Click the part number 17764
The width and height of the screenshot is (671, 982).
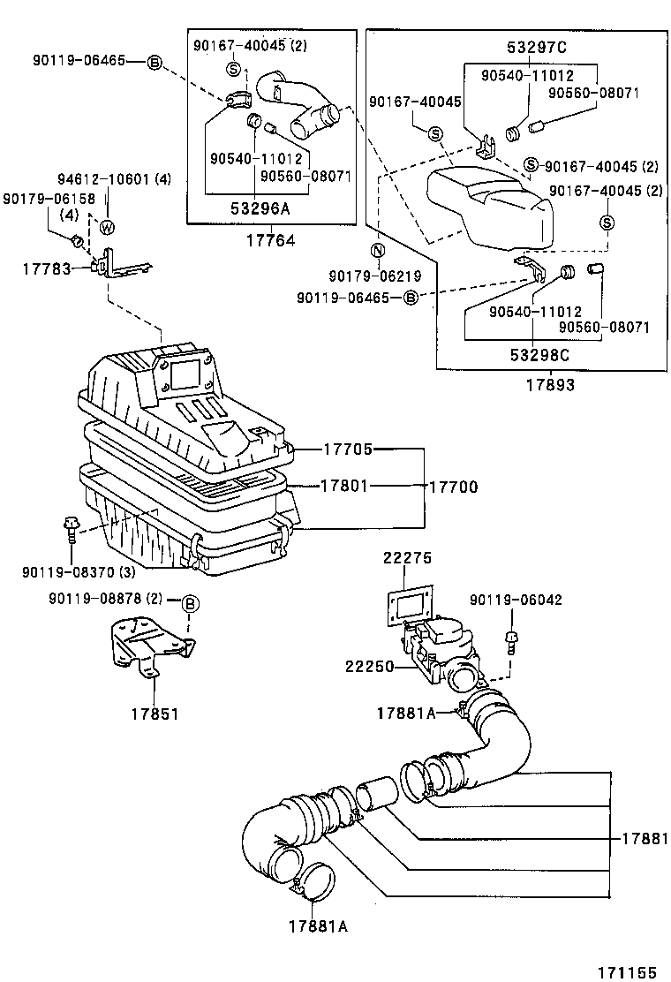(269, 240)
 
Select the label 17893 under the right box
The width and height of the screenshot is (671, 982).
(549, 385)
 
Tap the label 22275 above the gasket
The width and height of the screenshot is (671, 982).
(407, 557)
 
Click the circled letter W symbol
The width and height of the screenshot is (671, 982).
(107, 227)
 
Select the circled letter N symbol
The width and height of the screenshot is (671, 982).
(377, 250)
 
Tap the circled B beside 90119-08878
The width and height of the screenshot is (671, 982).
(191, 604)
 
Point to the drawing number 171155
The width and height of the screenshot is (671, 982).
(626, 971)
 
